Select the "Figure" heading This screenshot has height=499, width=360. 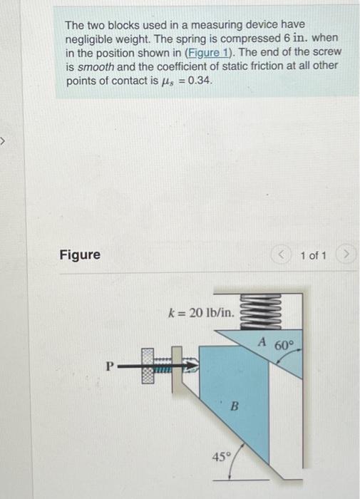(80, 254)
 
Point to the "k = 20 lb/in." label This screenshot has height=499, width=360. (200, 312)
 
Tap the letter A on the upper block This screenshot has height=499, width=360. (262, 343)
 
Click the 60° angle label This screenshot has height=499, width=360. (284, 346)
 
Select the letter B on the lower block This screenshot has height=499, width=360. (232, 407)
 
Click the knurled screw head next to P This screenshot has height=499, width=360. (148, 366)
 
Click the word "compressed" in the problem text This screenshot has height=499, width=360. (239, 38)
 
